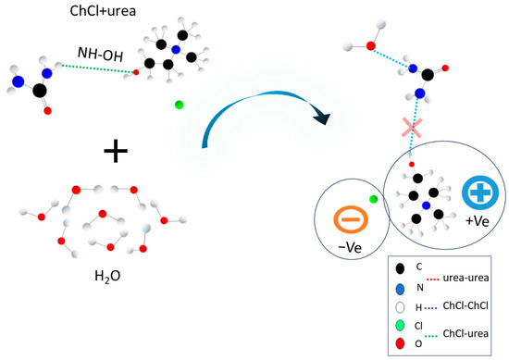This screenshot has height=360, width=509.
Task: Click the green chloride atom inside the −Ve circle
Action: tap(374, 199)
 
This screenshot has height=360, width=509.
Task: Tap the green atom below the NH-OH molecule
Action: tap(179, 106)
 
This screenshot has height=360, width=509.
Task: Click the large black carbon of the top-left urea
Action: tap(39, 91)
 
